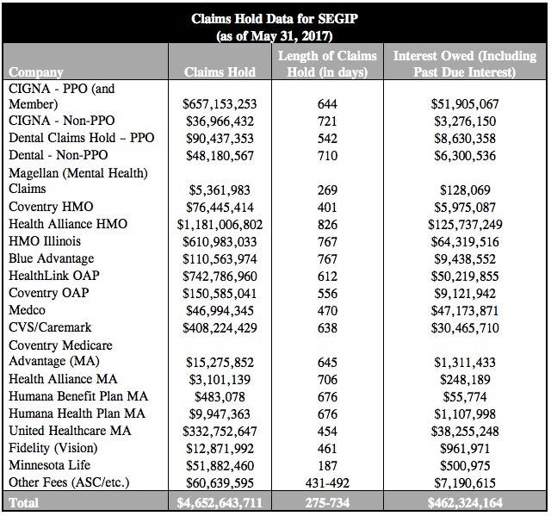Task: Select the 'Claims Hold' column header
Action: pos(220,73)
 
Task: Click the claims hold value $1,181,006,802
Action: pos(220,224)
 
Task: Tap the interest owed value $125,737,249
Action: pos(464,224)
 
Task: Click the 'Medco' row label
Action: pos(28,310)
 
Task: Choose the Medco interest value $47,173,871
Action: pos(464,310)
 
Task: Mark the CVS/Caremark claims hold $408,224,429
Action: pos(220,327)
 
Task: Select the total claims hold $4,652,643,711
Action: pos(220,501)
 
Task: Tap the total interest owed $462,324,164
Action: pos(464,501)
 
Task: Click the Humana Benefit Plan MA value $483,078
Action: pos(220,396)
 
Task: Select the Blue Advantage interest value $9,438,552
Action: pos(464,258)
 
